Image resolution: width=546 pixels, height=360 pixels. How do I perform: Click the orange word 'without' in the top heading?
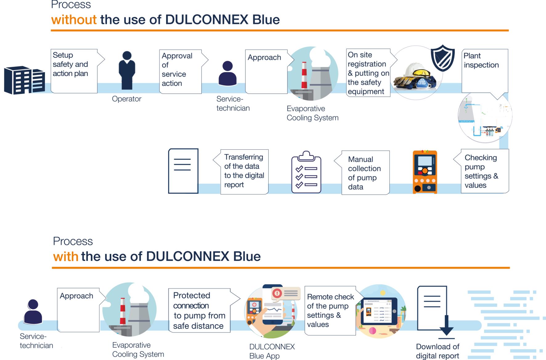(x=74, y=20)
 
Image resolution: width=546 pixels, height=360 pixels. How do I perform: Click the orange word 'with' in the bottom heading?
(x=66, y=257)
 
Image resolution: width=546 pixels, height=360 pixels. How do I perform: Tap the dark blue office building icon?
(x=24, y=80)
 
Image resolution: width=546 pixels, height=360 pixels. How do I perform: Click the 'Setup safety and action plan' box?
(x=74, y=71)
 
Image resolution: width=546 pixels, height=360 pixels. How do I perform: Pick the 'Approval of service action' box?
(x=180, y=71)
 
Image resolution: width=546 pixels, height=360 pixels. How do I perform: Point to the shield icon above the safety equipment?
(x=442, y=58)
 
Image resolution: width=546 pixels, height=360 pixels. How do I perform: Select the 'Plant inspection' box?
(x=484, y=71)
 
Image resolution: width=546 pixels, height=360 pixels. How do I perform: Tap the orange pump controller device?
(x=425, y=172)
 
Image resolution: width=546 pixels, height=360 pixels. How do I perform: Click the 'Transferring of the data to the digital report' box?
(x=244, y=172)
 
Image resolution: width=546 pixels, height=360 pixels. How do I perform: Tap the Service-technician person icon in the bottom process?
(x=33, y=312)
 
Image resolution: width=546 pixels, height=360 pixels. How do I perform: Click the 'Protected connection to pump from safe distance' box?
(x=199, y=310)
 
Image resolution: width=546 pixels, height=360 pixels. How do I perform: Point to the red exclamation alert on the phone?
(x=277, y=293)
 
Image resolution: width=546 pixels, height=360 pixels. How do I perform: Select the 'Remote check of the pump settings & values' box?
(x=330, y=310)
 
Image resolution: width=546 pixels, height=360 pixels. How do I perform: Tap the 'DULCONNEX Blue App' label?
(x=272, y=351)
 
